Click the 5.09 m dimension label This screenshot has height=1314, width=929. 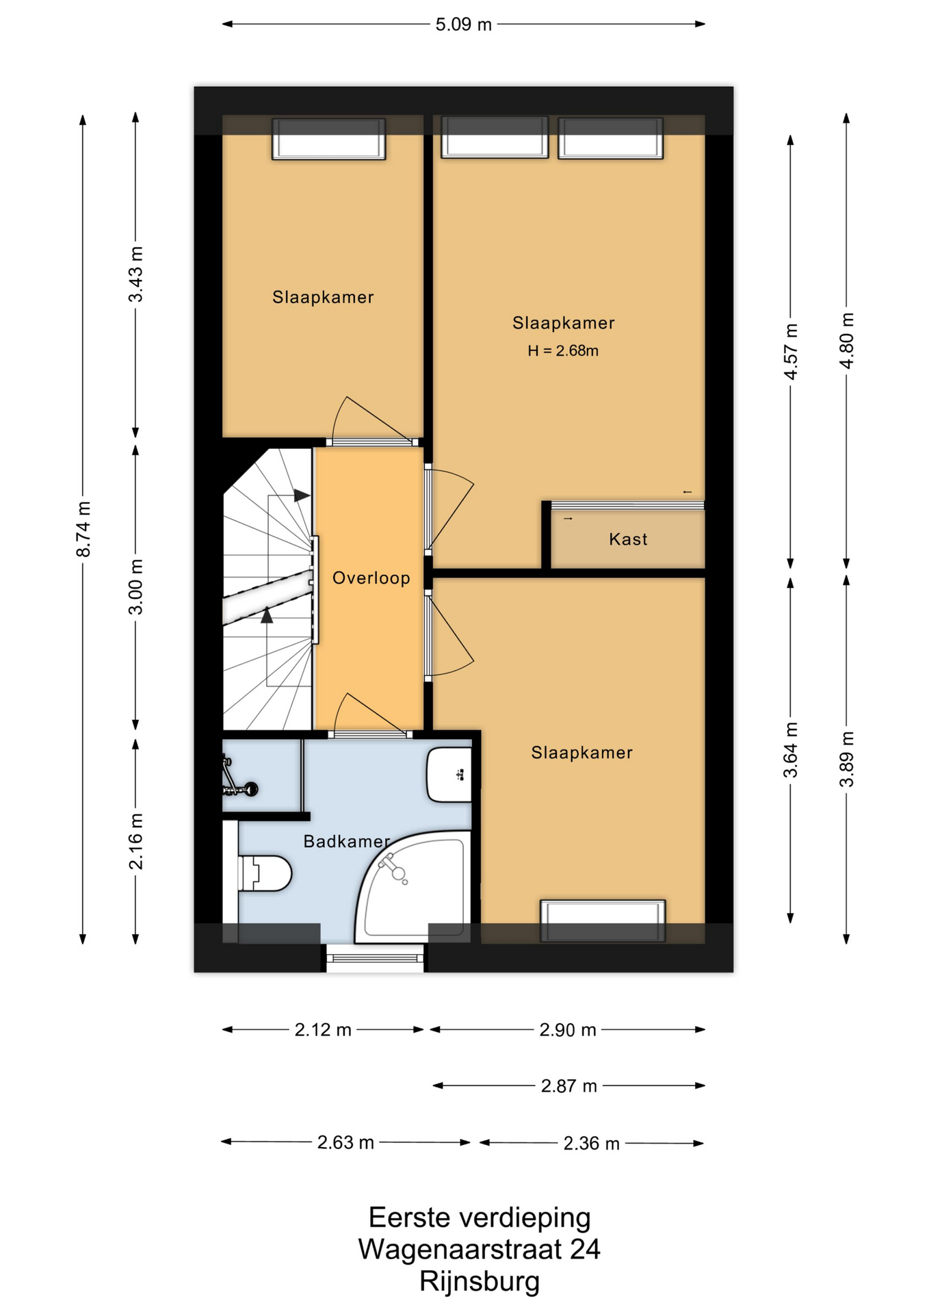(463, 25)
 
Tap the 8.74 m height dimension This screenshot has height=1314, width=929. (83, 529)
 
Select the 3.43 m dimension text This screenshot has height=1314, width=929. (136, 274)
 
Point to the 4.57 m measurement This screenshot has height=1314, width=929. (791, 352)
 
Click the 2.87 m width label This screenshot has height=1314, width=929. (568, 1086)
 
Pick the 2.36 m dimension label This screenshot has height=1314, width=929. (591, 1144)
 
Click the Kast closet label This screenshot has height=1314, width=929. (628, 539)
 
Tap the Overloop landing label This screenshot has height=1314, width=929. (371, 578)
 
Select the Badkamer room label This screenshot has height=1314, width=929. (346, 841)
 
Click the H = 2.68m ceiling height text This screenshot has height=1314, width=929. (563, 351)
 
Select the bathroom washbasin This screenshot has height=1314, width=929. (449, 775)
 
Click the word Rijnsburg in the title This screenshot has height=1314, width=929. (480, 1281)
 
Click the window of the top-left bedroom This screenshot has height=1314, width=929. (329, 139)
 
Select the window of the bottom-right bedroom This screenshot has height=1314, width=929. (603, 921)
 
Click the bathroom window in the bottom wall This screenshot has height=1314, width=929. (375, 957)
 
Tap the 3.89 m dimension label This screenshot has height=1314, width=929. (847, 759)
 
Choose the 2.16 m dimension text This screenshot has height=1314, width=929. (136, 841)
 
